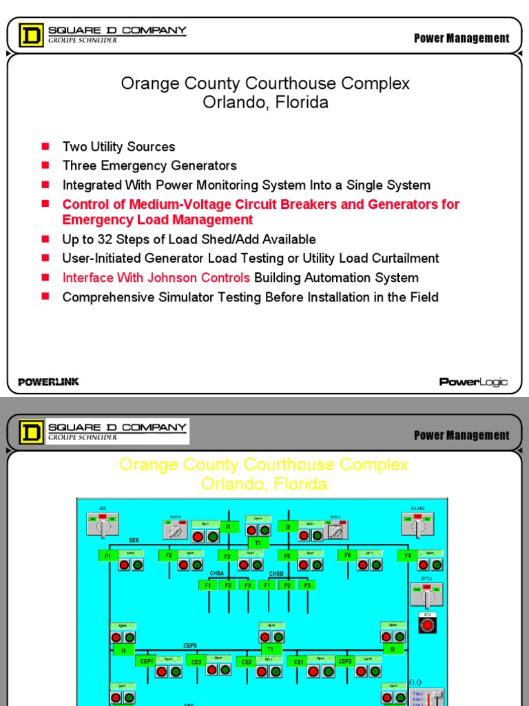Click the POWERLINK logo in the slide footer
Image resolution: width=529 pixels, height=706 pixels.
tap(48, 382)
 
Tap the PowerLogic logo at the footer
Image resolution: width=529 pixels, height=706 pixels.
tap(473, 382)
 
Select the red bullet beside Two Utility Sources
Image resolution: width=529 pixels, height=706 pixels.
tap(45, 146)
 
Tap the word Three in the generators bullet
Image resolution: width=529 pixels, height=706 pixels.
tap(79, 165)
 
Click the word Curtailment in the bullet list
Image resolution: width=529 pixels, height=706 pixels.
tap(402, 259)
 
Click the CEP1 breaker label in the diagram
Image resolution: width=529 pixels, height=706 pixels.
tap(147, 661)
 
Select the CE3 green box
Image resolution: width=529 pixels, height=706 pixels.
tap(196, 662)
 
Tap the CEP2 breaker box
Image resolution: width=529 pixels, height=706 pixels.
tap(345, 661)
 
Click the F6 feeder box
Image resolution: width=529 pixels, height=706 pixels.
tap(348, 555)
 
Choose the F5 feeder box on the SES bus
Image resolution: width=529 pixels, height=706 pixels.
tap(288, 555)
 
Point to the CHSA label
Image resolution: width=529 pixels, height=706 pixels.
tap(216, 573)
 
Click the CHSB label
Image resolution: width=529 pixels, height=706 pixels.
tap(276, 573)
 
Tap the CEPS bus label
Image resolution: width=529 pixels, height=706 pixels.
tap(191, 645)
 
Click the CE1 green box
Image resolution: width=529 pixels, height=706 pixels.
tap(298, 662)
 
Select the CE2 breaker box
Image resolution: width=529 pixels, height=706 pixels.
tap(247, 662)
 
